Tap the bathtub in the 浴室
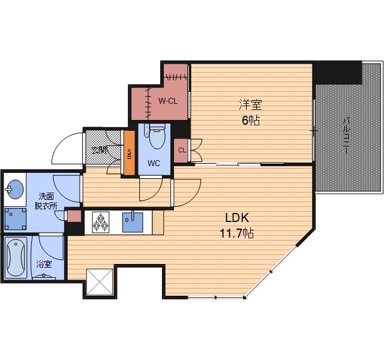16,257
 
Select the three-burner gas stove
101,222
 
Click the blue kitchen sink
133,222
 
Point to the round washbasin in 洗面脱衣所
15,189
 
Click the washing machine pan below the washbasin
15,219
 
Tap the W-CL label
167,101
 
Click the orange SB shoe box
130,153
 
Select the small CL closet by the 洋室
181,151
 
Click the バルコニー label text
346,135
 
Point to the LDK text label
237,217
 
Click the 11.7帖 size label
237,233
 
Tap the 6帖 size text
251,120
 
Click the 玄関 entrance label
100,150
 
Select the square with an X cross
100,282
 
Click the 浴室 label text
44,264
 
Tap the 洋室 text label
251,104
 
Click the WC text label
154,163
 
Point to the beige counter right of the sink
158,223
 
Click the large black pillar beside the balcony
338,73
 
